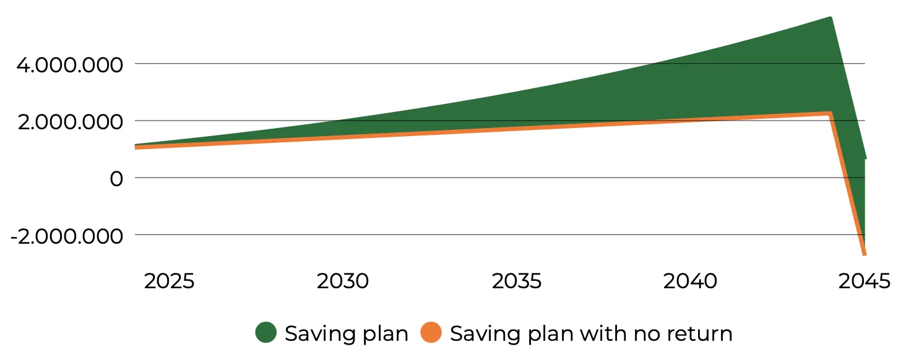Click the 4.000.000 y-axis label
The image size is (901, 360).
tap(69, 65)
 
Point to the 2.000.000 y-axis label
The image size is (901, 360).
tap(70, 122)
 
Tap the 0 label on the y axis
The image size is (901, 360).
tap(116, 179)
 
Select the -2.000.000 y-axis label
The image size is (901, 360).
tap(67, 236)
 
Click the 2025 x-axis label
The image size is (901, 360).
tap(169, 281)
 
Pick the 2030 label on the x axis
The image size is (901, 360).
tap(342, 281)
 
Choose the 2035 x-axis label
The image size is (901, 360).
tap(517, 281)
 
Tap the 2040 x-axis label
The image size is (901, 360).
tap(690, 281)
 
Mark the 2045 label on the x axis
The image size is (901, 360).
tap(864, 281)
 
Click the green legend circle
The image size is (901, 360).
tap(266, 332)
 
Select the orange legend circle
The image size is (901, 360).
tap(431, 332)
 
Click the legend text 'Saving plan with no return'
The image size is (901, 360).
tap(591, 333)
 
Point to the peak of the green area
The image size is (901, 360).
tap(830, 17)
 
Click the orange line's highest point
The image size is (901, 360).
tap(830, 113)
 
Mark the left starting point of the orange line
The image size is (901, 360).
tap(136, 147)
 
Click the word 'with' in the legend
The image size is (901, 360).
tap(603, 333)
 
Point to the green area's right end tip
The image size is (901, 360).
tap(866, 158)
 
